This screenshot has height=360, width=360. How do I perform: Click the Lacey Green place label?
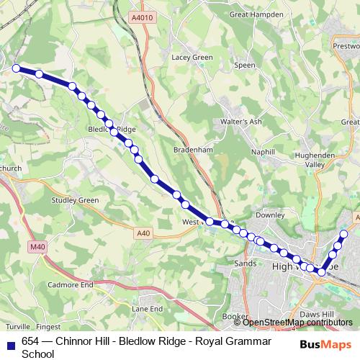click(x=192, y=58)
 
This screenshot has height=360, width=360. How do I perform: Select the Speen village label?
click(x=246, y=65)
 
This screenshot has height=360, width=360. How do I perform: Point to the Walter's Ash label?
click(x=241, y=122)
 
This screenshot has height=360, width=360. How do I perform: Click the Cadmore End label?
click(x=70, y=285)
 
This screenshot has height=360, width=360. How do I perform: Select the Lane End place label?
click(x=147, y=309)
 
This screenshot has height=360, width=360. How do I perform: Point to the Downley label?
click(x=271, y=215)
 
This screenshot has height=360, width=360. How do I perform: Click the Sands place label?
click(x=246, y=264)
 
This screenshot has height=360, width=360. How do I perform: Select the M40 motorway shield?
click(x=37, y=247)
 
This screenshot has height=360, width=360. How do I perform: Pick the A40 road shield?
click(x=143, y=233)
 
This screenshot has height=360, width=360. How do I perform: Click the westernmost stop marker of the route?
click(x=17, y=68)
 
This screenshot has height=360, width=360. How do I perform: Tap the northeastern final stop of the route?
click(x=344, y=234)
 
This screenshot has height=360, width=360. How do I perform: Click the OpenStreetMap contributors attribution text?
click(x=297, y=322)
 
